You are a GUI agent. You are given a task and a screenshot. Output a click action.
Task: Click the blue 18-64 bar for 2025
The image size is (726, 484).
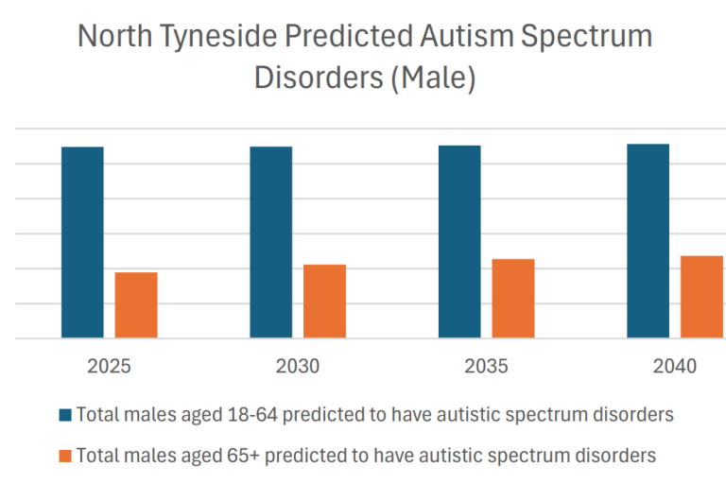[x=82, y=242]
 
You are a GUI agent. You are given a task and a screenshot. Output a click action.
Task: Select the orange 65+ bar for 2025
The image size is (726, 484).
[x=136, y=304]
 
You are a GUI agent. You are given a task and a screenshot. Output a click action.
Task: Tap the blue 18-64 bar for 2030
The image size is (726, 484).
[x=270, y=242]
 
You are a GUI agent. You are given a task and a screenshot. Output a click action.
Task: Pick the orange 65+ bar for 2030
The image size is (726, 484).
[x=324, y=301]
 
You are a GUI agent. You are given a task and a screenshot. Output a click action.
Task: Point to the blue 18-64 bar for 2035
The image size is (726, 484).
[x=459, y=241]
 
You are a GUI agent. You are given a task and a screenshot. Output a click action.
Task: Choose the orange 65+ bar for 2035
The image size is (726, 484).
[x=513, y=298]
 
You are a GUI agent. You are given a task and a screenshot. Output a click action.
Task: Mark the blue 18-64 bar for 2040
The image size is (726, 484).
[x=648, y=240]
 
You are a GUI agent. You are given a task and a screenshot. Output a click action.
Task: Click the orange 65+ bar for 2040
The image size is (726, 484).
[x=701, y=296]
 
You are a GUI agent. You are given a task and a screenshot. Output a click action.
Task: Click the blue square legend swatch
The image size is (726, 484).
[x=64, y=415]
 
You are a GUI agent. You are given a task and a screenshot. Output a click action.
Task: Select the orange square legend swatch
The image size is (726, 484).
[x=64, y=456]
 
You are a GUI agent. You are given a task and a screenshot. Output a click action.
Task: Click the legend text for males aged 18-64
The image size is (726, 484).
[x=374, y=415]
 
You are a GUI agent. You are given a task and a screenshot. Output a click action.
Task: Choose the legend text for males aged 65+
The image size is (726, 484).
[x=366, y=456]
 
